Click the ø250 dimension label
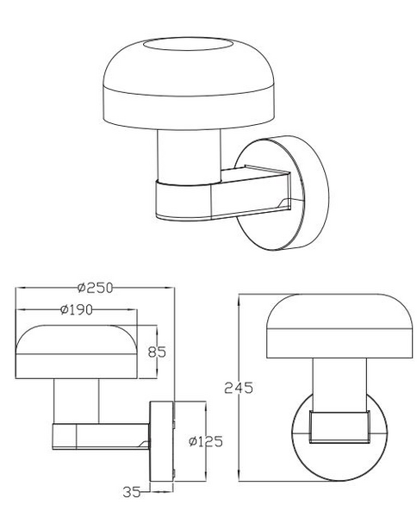point(95,287)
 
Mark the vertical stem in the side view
point(77,402)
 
